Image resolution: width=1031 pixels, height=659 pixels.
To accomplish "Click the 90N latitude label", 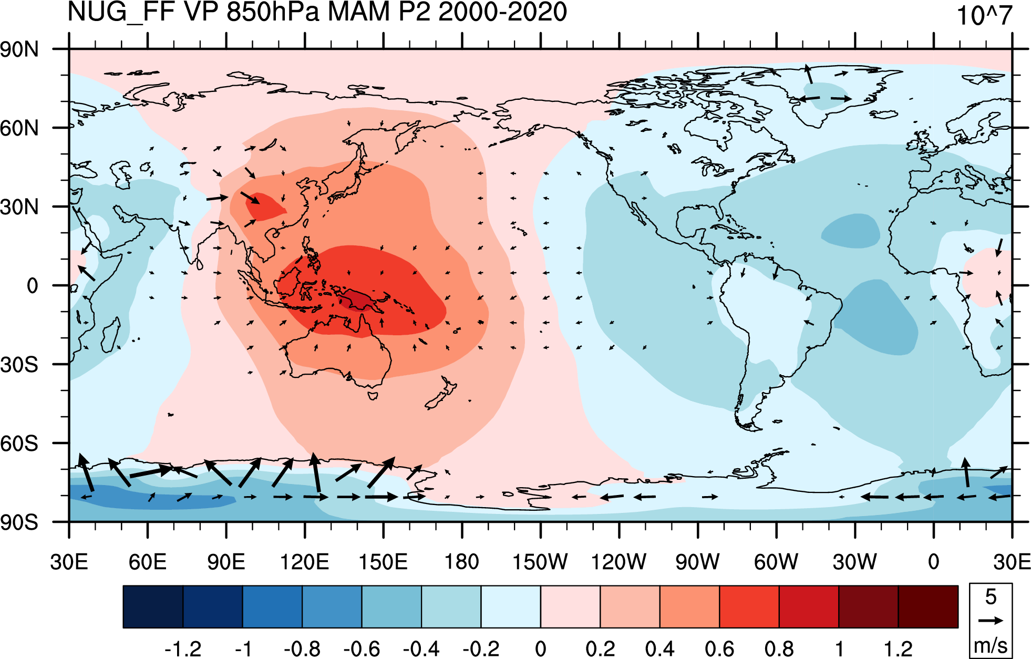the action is (19, 49).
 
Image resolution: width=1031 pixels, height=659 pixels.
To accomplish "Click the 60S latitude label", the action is (19, 444).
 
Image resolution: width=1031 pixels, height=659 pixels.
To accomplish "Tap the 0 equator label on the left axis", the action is (33, 286).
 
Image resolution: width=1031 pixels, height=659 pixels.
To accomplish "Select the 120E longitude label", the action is (304, 562).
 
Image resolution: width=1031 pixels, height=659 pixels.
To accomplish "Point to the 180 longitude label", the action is (461, 562).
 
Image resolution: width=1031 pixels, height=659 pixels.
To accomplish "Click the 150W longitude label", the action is (540, 562).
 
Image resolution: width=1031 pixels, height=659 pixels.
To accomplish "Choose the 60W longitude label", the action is (776, 562).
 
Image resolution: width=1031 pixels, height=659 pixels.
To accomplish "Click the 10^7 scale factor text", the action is (984, 15).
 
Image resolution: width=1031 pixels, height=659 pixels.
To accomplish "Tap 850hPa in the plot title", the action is (272, 12).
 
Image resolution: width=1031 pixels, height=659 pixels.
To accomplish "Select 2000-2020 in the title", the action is (502, 12).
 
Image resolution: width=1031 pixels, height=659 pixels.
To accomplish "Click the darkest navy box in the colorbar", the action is (153, 607).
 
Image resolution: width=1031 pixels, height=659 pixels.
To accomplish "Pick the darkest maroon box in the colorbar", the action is (928, 607).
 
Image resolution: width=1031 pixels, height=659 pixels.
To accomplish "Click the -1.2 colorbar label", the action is (182, 649).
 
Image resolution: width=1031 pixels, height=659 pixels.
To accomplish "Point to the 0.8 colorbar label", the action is (779, 649).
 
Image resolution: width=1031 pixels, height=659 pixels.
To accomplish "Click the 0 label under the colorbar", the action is (540, 649).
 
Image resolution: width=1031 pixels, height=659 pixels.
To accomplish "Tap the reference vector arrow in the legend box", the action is (991, 621).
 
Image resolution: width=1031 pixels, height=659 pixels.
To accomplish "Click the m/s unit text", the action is (991, 645).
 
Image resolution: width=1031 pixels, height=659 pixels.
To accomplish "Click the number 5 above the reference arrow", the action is (991, 597).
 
